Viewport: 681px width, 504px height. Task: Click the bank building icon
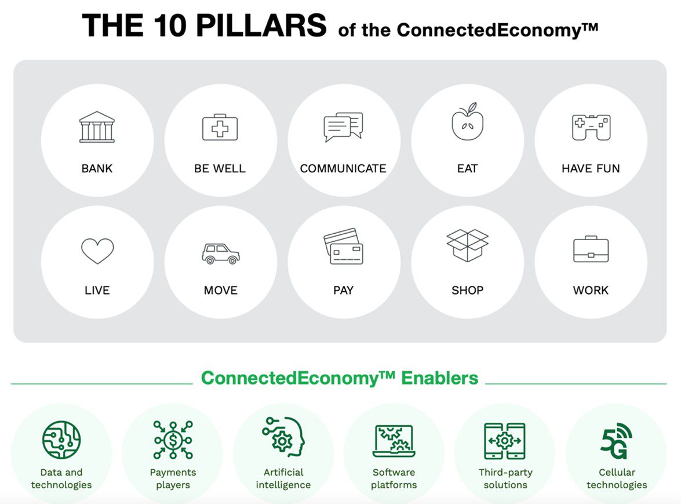point(97,127)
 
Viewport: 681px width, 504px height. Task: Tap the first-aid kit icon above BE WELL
point(220,127)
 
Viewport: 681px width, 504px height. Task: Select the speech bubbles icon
point(343,127)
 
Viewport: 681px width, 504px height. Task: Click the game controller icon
point(591,127)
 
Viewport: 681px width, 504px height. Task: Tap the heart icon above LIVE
point(97,251)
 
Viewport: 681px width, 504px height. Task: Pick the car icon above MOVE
point(221,253)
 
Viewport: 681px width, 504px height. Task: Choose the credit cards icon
point(343,246)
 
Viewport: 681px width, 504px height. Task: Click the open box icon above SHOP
point(467,245)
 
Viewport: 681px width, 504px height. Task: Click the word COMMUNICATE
point(343,169)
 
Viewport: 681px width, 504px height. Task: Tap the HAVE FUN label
point(591,169)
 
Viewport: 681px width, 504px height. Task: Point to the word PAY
point(343,290)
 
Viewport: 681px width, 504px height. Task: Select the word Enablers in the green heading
point(439,378)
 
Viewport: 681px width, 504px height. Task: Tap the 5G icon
point(616,441)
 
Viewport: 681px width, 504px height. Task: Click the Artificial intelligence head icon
point(283,437)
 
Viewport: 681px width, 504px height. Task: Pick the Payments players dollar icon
point(173,440)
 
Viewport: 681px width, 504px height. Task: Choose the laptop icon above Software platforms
point(394,441)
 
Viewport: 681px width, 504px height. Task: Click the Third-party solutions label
point(505,478)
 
